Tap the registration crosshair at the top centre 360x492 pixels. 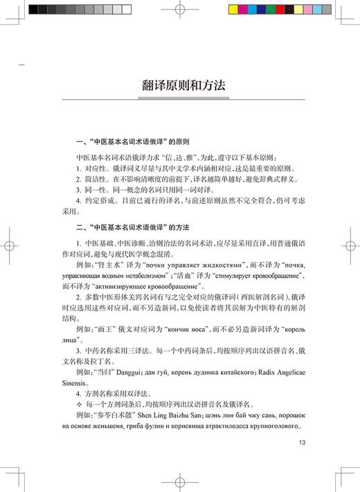click(x=179, y=10)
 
